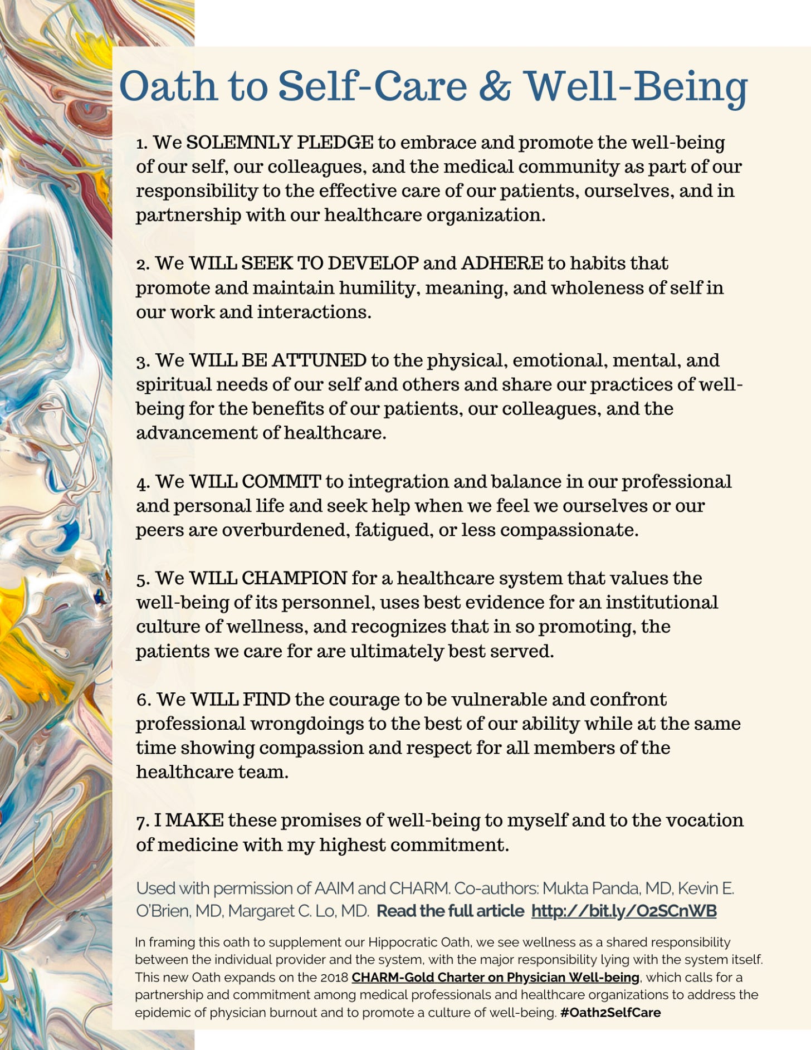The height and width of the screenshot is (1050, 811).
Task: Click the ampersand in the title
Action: point(495,86)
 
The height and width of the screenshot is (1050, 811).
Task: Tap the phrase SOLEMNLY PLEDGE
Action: point(280,143)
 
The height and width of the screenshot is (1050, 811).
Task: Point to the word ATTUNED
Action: point(319,360)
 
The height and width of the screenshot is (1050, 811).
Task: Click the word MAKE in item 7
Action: point(195,820)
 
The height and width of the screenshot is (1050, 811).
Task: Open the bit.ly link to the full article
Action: point(624,911)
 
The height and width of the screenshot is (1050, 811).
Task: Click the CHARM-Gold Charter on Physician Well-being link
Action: point(495,977)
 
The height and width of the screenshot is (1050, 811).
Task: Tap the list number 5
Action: point(142,579)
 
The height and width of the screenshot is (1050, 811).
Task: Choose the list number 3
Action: point(142,362)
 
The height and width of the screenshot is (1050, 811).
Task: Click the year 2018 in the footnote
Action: point(334,977)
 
